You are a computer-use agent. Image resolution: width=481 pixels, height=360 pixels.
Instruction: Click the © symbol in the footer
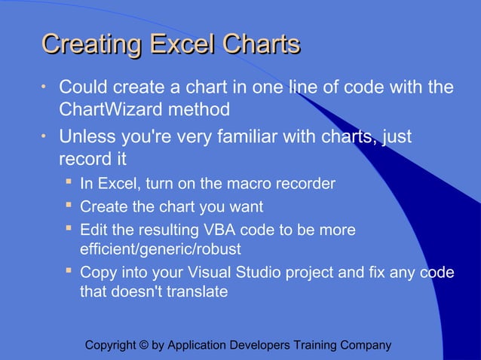[144, 346]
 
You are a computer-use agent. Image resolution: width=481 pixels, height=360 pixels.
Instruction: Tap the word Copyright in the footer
[111, 346]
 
